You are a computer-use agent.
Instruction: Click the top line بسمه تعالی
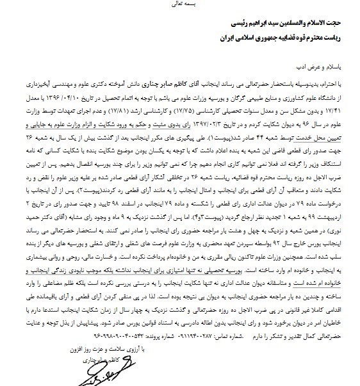point(179,4)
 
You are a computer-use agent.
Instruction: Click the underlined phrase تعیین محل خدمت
point(329,136)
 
